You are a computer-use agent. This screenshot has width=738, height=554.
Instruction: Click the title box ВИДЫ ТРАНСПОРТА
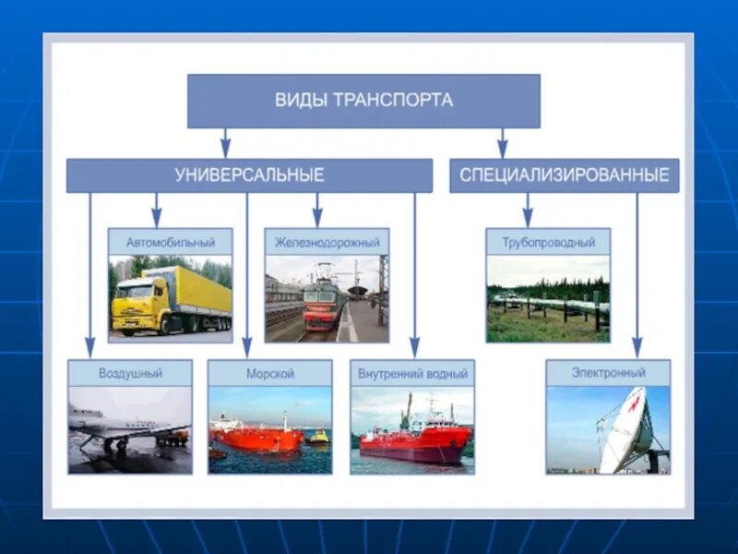click(x=363, y=101)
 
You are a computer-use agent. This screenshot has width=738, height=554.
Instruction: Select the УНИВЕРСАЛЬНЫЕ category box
click(x=249, y=175)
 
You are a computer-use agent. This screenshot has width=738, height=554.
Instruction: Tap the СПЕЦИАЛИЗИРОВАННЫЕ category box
click(x=564, y=175)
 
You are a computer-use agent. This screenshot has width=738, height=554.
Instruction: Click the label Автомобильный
click(x=170, y=242)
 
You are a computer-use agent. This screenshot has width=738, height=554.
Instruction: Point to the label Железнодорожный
click(x=327, y=242)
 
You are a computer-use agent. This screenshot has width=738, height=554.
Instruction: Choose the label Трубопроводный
click(x=548, y=242)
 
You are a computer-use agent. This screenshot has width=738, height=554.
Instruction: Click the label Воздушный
click(x=130, y=373)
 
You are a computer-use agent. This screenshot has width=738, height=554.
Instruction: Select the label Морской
click(x=269, y=373)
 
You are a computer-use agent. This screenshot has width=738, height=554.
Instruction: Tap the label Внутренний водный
click(x=412, y=373)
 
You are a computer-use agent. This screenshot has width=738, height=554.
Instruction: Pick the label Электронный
click(x=608, y=373)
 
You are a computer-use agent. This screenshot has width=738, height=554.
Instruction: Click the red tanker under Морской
click(x=256, y=437)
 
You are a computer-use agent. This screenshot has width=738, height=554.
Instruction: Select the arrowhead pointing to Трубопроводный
click(x=527, y=220)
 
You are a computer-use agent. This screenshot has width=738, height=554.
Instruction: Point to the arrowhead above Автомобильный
click(x=157, y=220)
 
